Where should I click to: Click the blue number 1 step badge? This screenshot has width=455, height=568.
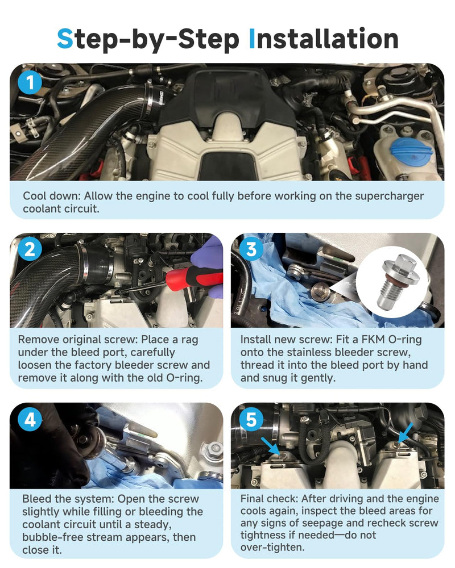pos(30,82)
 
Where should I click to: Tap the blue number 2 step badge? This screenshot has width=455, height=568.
pos(30,249)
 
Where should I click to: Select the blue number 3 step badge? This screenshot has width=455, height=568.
pos(251,249)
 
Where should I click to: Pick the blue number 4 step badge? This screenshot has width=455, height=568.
pos(30,420)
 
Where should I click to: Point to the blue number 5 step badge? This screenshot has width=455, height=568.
pos(251,420)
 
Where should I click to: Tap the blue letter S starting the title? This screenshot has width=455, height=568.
pos(65,39)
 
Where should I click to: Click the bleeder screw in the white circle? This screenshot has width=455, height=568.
pos(397,282)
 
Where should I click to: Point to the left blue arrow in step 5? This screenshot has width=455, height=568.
pos(270,446)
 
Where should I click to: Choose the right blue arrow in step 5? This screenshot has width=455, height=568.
pos(406,432)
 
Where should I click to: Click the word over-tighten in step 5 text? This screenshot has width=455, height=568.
pos(272,547)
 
